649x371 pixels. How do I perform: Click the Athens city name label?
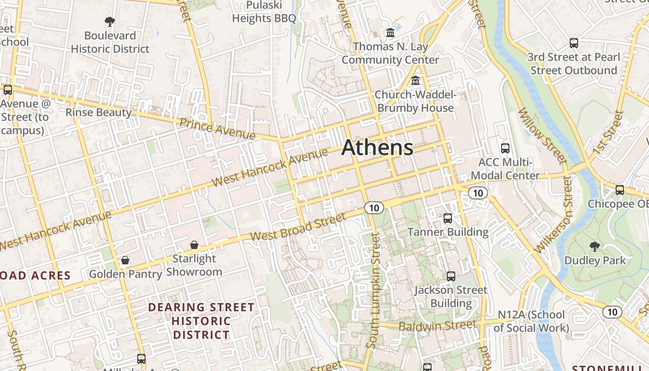coord(377,147)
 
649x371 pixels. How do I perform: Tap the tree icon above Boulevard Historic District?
coord(110,21)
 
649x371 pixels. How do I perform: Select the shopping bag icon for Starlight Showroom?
coord(194,244)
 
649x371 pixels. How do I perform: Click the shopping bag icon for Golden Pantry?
coord(125,260)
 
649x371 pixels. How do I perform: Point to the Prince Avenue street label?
coord(217,128)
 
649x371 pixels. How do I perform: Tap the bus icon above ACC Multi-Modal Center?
coord(505,148)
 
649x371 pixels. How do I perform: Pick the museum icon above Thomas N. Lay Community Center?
coord(390,33)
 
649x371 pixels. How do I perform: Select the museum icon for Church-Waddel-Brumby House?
coord(415,81)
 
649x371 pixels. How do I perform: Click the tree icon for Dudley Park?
coord(595,246)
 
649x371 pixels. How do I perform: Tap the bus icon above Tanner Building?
coord(448,218)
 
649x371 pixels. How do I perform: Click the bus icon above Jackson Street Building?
coord(451,276)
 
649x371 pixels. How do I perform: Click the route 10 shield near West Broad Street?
coord(374,208)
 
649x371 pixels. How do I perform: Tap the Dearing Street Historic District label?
coord(201,321)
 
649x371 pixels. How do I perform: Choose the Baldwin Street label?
coord(437,326)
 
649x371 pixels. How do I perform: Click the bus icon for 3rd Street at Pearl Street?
coord(574,43)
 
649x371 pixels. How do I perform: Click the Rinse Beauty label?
coord(98,112)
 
